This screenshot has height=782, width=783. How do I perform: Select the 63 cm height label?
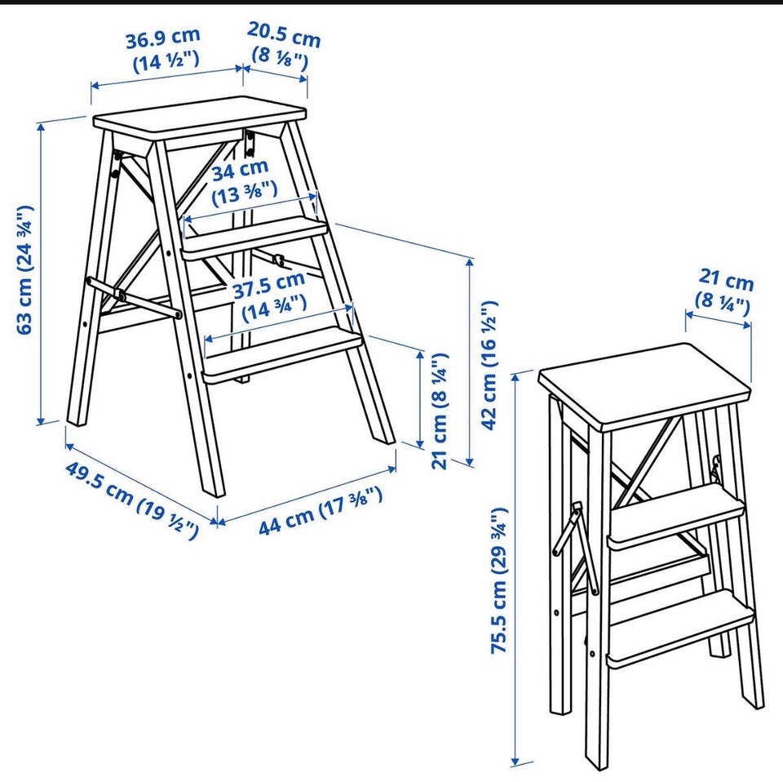pyautogui.click(x=24, y=269)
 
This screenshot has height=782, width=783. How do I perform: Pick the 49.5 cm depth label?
pyautogui.click(x=132, y=500)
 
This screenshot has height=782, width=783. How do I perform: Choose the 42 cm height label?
pyautogui.click(x=489, y=364)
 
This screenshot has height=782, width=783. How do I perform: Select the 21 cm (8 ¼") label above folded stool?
pyautogui.click(x=724, y=292)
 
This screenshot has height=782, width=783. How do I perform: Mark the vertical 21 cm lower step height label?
pyautogui.click(x=440, y=411)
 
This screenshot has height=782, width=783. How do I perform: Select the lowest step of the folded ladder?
pyautogui.click(x=680, y=631)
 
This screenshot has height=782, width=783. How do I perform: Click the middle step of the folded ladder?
pyautogui.click(x=677, y=518)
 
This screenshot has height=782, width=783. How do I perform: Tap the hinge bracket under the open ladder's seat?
pyautogui.click(x=250, y=142)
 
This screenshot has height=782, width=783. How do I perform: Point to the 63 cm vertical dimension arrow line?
pyautogui.click(x=41, y=273)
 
